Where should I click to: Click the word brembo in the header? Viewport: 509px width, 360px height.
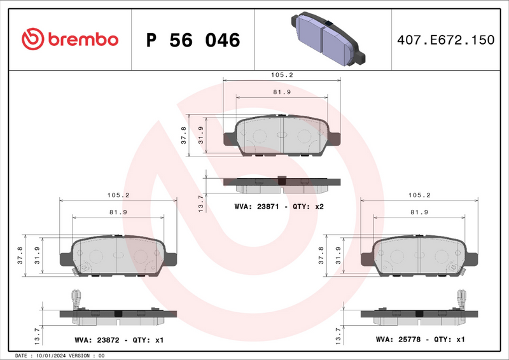pyautogui.click(x=81, y=39)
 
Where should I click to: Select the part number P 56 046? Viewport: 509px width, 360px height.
pyautogui.click(x=193, y=40)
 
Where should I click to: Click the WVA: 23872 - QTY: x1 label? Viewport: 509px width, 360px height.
pyautogui.click(x=119, y=340)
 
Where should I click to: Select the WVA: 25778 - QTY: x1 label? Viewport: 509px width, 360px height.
pyautogui.click(x=421, y=340)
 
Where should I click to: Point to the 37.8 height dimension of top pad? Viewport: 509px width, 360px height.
pyautogui.click(x=184, y=135)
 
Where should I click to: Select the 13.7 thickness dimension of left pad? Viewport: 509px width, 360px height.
pyautogui.click(x=36, y=332)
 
